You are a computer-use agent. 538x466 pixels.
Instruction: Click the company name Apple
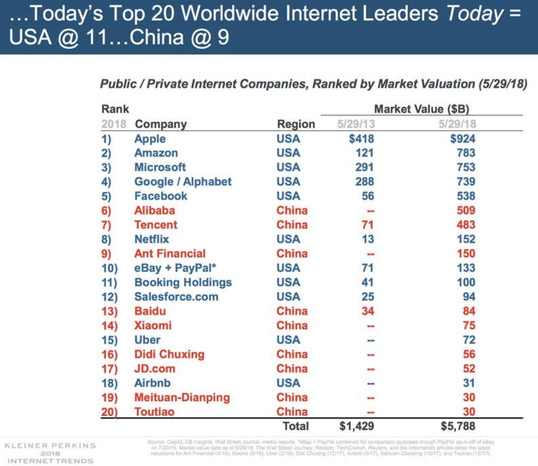[x=150, y=139]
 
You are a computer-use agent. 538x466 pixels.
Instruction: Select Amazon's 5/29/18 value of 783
[x=466, y=153]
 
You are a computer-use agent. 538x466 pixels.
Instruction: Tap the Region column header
[x=296, y=124]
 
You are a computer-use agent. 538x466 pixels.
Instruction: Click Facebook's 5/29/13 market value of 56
[x=367, y=196]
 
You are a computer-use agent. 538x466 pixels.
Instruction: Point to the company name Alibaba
[x=155, y=210]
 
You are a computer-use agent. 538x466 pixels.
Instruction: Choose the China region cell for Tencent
[x=292, y=225]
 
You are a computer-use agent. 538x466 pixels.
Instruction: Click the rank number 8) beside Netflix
[x=106, y=239]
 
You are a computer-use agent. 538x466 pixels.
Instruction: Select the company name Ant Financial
[x=170, y=254]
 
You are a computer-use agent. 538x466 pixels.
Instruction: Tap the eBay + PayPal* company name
[x=175, y=268]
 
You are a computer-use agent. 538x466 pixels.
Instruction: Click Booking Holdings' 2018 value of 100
[x=466, y=282]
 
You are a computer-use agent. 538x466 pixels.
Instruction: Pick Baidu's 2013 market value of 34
[x=367, y=311]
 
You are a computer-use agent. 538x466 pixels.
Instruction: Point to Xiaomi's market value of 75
[x=469, y=326]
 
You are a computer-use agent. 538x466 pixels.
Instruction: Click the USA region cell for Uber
[x=288, y=340]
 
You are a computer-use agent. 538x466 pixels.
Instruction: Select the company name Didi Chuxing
[x=169, y=354]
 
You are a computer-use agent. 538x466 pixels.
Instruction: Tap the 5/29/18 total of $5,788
[x=458, y=426]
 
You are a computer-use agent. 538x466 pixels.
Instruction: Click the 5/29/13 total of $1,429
[x=357, y=426]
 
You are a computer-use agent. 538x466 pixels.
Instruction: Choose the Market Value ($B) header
[x=421, y=109]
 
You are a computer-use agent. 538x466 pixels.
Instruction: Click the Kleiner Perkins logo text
[x=50, y=445]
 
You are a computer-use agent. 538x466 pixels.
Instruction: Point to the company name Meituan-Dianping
[x=182, y=397]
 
